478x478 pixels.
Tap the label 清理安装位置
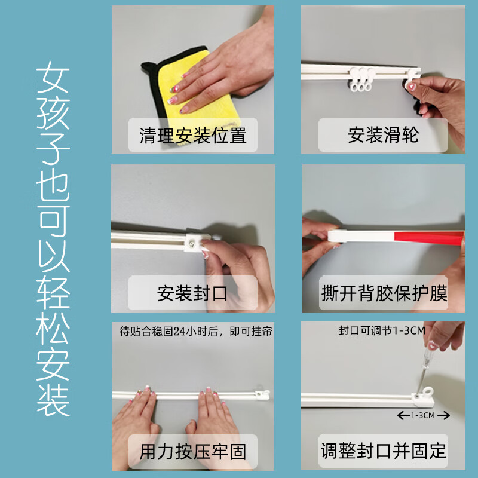tap(192, 135)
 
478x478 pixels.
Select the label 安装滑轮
tap(383, 135)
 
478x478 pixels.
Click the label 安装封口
tap(192, 293)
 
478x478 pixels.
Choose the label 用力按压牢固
tap(192, 451)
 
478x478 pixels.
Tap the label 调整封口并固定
tap(383, 451)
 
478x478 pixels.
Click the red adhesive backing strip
tap(418, 238)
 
